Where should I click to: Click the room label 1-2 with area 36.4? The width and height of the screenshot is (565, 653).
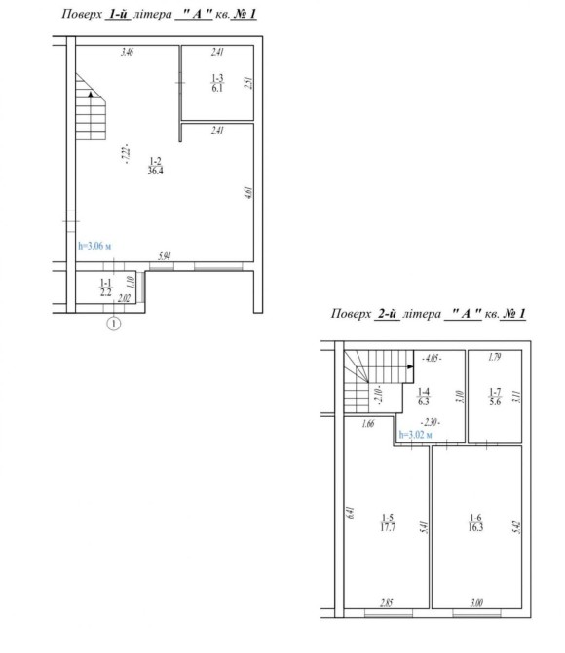(x=155, y=166)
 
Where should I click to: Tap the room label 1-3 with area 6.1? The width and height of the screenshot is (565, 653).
(x=217, y=83)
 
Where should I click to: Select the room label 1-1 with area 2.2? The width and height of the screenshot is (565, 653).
(x=106, y=288)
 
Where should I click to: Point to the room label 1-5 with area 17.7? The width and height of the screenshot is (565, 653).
(x=388, y=522)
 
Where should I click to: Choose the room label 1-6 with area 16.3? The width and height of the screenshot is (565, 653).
(x=475, y=522)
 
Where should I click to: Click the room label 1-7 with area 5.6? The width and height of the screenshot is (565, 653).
(x=495, y=397)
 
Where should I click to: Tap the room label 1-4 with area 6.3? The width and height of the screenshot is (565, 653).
(x=424, y=397)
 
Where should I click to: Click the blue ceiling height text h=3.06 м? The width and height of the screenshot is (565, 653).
(x=94, y=246)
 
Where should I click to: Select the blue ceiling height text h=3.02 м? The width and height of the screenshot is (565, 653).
(x=416, y=435)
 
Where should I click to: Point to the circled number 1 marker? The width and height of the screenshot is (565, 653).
(x=114, y=324)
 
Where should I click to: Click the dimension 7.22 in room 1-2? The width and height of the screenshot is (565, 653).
(x=127, y=155)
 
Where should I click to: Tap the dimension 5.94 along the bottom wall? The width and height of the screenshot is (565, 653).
(x=164, y=255)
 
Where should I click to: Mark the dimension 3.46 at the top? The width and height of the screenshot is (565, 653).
(x=127, y=52)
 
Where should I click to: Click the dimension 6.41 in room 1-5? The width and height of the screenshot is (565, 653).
(x=350, y=512)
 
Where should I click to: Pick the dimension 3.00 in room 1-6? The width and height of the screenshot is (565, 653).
(x=476, y=602)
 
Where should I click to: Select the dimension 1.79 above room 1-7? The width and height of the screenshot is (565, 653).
(x=494, y=357)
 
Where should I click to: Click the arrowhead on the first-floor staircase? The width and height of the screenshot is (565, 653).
(x=91, y=95)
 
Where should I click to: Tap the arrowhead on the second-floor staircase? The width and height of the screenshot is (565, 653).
(x=410, y=366)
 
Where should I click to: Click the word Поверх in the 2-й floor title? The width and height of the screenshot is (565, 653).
(x=351, y=313)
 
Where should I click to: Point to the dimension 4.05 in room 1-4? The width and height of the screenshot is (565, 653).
(x=432, y=358)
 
